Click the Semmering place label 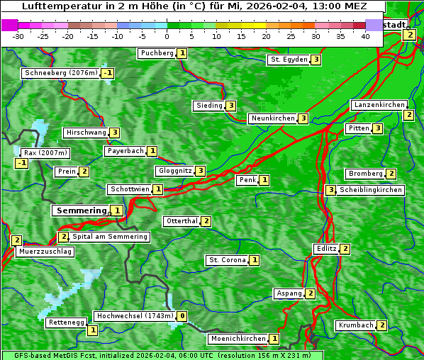click(81, 210)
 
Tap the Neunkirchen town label click(272, 118)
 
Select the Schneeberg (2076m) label click(60, 73)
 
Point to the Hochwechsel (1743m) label click(134, 316)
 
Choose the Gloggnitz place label click(174, 171)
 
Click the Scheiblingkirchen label click(371, 190)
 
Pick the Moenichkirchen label click(238, 339)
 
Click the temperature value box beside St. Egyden click(316, 60)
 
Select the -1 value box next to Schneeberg click(108, 73)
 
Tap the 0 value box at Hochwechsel click(182, 316)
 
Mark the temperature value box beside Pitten click(378, 128)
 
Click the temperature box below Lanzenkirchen click(408, 115)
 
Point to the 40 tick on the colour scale click(365, 36)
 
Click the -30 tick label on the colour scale click(18, 36)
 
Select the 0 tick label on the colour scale click(167, 36)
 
